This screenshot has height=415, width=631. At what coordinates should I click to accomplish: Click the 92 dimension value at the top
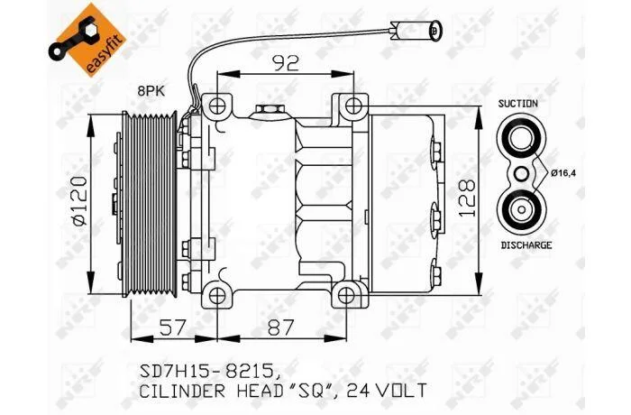(x=286, y=62)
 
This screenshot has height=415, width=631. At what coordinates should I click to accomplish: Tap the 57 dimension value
(x=174, y=327)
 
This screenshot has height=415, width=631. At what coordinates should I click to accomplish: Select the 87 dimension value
(x=281, y=327)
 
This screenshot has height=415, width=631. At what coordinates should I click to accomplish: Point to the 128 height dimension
(x=467, y=198)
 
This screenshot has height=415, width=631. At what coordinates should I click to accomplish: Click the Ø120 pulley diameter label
(x=78, y=200)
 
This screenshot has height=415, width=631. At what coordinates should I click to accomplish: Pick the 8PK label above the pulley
(x=151, y=91)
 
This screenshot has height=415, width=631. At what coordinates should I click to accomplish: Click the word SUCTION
(x=518, y=104)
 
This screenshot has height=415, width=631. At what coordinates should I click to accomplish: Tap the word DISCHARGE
(x=526, y=245)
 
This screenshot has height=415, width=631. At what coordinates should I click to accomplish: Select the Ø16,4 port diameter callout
(x=563, y=173)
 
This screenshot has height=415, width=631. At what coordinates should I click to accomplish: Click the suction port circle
(x=521, y=138)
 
